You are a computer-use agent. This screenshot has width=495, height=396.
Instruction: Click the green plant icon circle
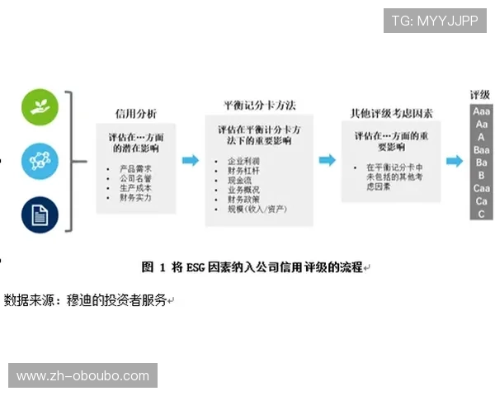pyautogui.click(x=40, y=106)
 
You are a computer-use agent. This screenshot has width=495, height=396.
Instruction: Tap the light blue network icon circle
pyautogui.click(x=40, y=158)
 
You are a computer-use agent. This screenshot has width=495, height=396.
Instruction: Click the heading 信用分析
pyautogui.click(x=135, y=113)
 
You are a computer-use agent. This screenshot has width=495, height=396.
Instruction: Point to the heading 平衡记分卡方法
pyautogui.click(x=259, y=106)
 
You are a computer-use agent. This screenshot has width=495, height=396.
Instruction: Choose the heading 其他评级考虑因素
pyautogui.click(x=391, y=113)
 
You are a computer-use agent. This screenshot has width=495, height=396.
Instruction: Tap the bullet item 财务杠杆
pyautogui.click(x=243, y=171)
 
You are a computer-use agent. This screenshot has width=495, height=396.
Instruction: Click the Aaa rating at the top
pyautogui.click(x=481, y=111)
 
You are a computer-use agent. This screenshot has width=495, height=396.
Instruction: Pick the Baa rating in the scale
pyautogui.click(x=481, y=150)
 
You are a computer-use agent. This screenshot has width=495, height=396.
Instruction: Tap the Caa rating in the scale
pyautogui.click(x=481, y=188)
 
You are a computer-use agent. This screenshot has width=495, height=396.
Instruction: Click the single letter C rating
pyautogui.click(x=481, y=214)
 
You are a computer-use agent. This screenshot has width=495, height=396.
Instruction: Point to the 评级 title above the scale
pyautogui.click(x=480, y=95)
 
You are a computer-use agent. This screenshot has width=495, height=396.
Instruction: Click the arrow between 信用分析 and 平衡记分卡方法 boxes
pyautogui.click(x=191, y=160)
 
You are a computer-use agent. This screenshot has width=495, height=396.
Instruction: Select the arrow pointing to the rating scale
pyautogui.click(x=455, y=161)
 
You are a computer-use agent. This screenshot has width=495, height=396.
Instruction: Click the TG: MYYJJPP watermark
pyautogui.click(x=435, y=21)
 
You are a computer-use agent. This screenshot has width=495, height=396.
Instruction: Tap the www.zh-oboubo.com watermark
pyautogui.click(x=82, y=376)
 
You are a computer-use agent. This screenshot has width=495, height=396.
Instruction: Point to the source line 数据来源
pyautogui.click(x=86, y=299)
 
